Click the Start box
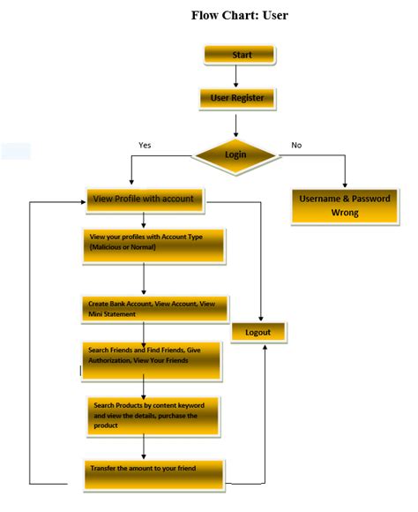pos(240,55)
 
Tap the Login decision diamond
pos(235,155)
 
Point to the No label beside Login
pos(297,145)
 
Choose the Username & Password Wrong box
pos(344,206)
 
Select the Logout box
pos(259,333)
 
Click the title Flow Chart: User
pos(239,16)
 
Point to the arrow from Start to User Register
pos(235,76)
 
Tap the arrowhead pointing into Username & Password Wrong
pos(345,182)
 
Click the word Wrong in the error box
pos(345,214)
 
